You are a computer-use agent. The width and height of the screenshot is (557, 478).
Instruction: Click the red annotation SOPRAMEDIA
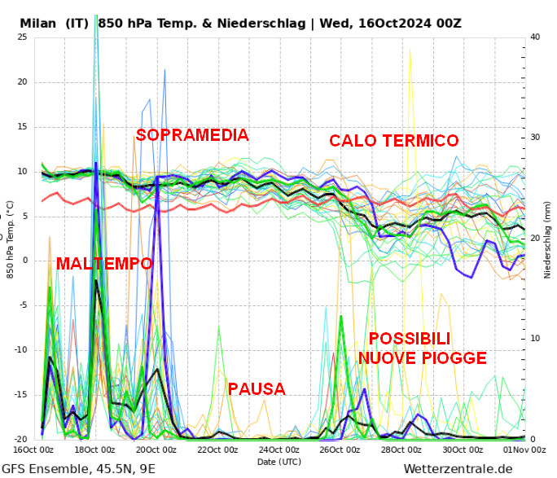point(192,135)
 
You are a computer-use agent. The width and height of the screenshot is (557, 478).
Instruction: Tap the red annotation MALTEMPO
point(104,264)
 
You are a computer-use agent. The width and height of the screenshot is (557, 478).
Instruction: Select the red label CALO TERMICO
point(394,141)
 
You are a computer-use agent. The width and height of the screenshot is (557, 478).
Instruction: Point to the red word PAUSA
point(257,389)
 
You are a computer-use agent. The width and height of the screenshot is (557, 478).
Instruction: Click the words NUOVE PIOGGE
point(423,357)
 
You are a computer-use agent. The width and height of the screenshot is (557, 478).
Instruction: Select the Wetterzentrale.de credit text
point(458,468)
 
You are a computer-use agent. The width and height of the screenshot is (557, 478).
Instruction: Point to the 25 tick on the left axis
point(22,37)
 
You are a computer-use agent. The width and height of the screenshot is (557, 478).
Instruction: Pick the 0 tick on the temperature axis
point(24,261)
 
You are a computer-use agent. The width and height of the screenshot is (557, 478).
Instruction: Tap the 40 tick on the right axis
point(535,37)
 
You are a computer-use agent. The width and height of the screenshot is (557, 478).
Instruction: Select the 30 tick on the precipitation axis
point(535,138)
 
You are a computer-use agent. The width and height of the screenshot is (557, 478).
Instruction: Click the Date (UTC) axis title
point(279,461)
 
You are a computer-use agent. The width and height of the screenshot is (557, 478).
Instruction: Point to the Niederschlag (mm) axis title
point(548,239)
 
